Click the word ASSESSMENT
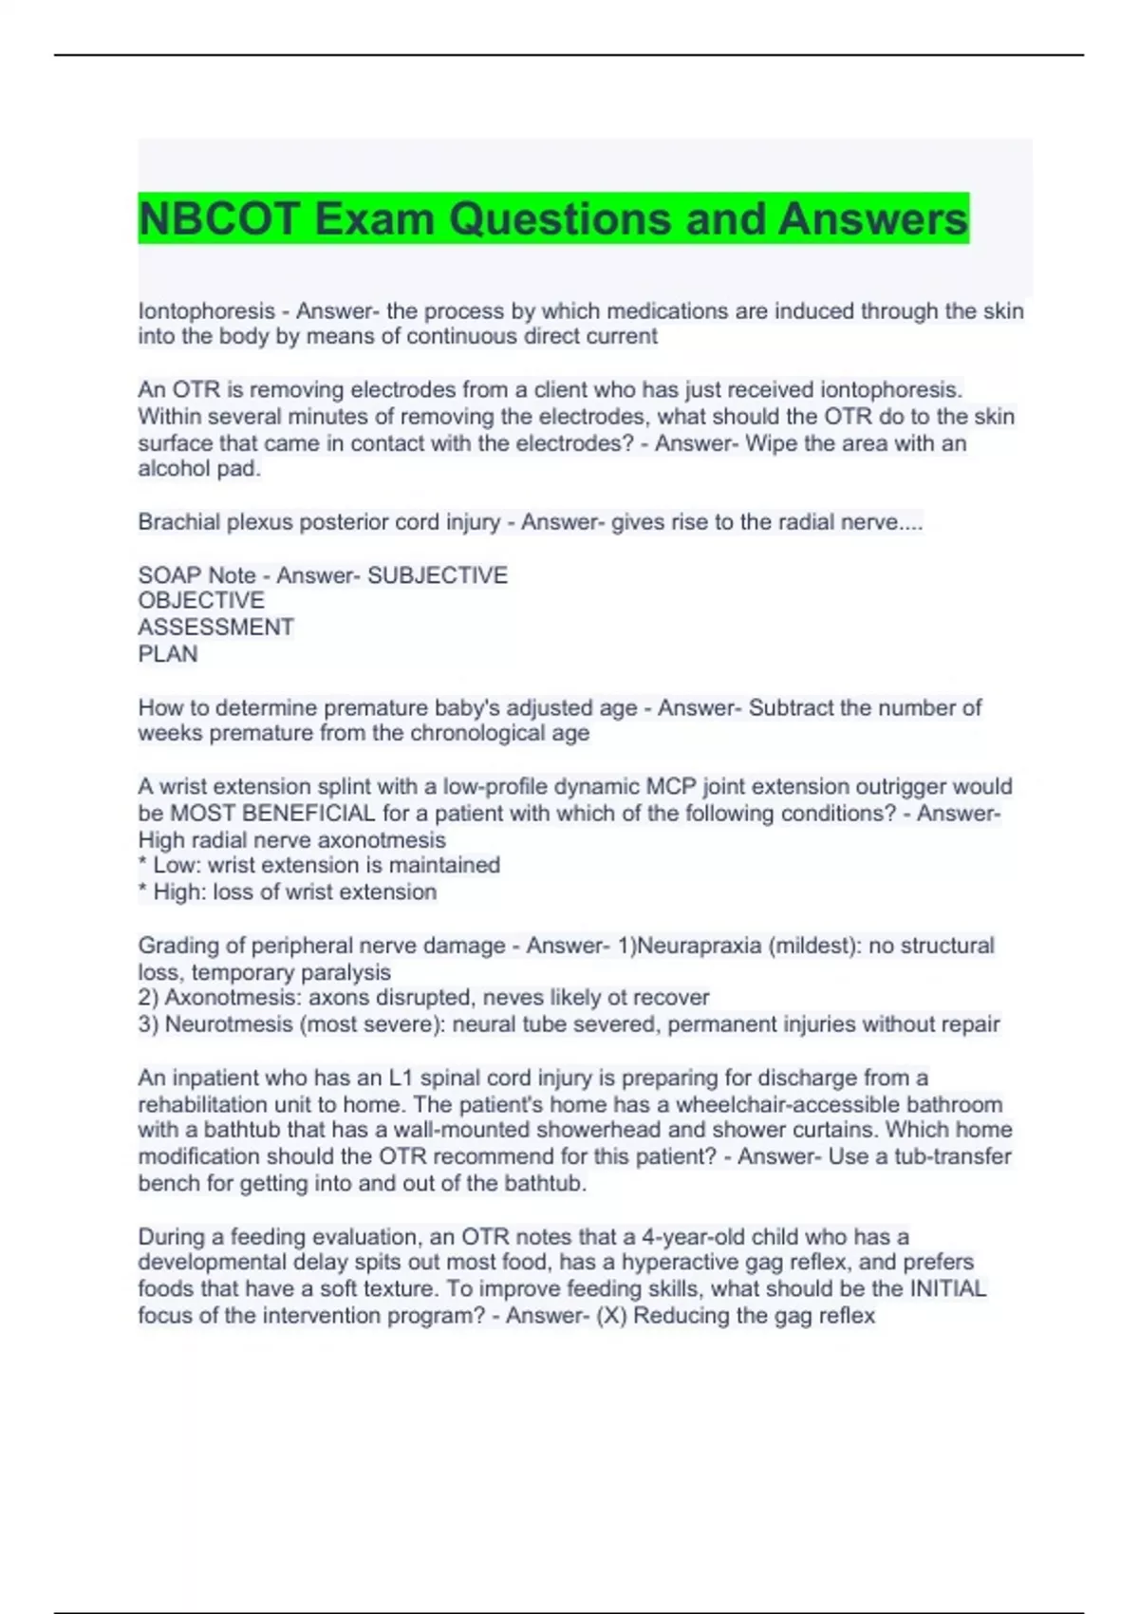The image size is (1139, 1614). (x=216, y=628)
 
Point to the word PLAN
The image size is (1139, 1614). (x=168, y=654)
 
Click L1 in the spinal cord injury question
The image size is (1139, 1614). (x=401, y=1079)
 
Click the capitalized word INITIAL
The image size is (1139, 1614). (x=948, y=1289)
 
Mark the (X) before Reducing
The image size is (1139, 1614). (x=611, y=1316)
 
